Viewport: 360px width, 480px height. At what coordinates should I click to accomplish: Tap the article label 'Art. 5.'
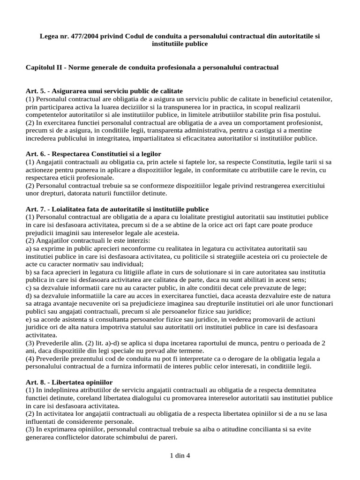36,90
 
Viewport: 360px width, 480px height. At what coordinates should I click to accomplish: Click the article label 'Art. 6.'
36,154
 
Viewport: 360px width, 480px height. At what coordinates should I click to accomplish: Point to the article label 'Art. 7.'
36,209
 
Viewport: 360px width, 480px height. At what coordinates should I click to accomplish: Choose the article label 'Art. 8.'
36,382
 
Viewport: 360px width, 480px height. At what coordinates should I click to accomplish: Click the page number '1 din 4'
180,455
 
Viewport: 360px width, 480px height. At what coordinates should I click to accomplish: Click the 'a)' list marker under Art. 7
29,248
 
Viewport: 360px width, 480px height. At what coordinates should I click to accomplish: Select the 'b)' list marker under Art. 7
29,272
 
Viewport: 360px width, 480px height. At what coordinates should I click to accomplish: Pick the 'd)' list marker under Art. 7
29,296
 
